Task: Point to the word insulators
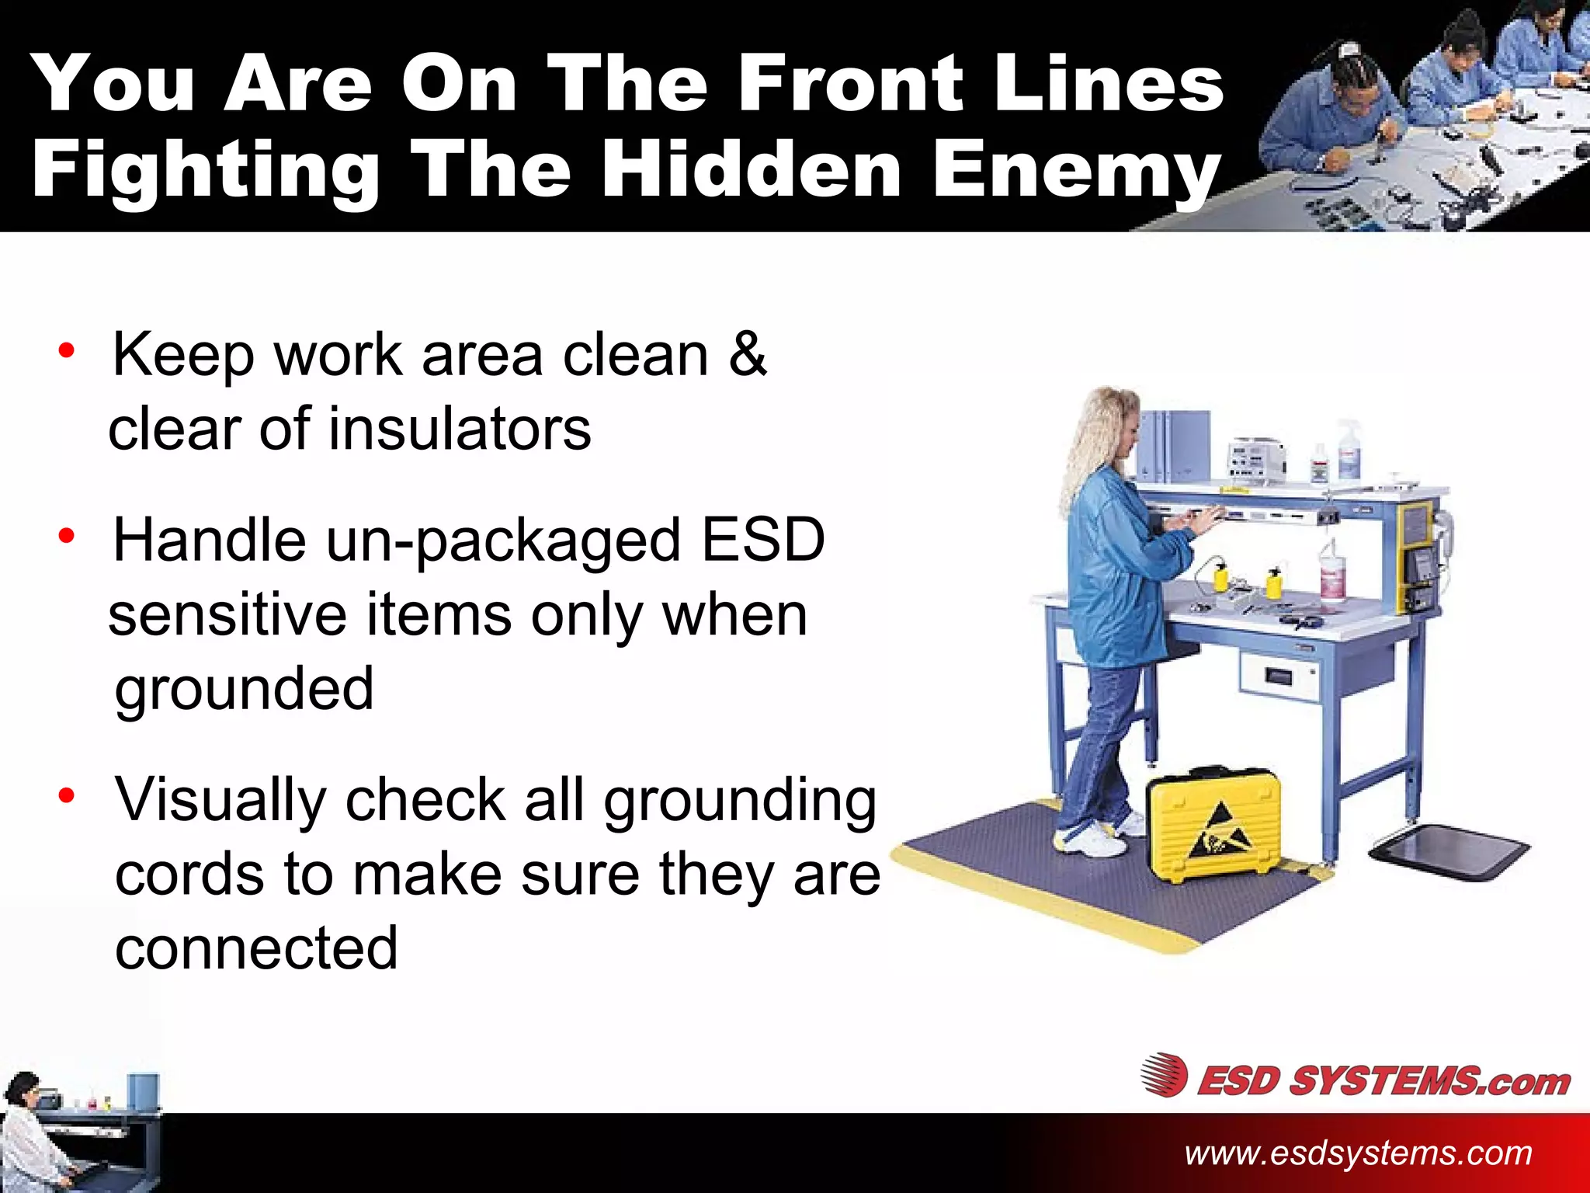pos(459,430)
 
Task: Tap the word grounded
pos(245,690)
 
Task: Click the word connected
pos(256,948)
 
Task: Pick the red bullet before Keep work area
pos(67,350)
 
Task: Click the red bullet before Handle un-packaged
pos(67,536)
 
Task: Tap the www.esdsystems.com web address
pos(1358,1153)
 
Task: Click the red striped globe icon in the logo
pos(1164,1076)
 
